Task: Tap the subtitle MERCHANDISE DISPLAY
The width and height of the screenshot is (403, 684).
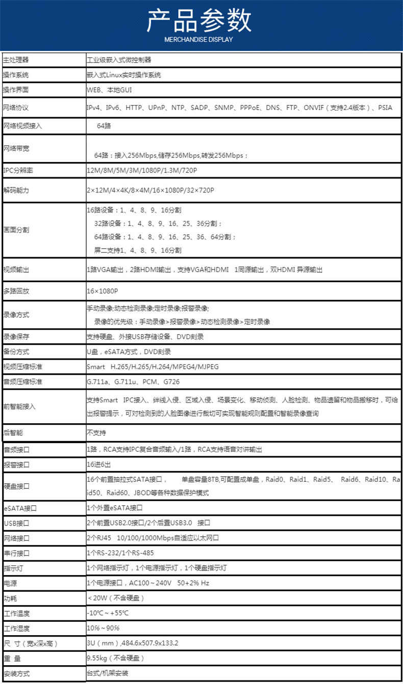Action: (198, 39)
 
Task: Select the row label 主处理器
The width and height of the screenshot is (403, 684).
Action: (16, 60)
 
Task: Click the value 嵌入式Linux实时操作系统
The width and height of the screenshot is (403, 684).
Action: (124, 75)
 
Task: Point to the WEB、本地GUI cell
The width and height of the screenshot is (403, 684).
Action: (110, 90)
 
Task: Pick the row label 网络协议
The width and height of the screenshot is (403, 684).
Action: (16, 108)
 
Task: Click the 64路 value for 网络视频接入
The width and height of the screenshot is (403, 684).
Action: (104, 126)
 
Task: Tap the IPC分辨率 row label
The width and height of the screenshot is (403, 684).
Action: (18, 171)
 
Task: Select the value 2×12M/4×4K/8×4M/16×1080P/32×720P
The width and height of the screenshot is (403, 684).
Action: (150, 190)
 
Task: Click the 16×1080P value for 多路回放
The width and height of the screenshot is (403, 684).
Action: (103, 291)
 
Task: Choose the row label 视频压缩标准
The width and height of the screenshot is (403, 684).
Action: (22, 367)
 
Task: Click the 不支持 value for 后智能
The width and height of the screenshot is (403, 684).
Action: (96, 433)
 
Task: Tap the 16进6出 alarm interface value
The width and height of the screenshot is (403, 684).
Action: (99, 465)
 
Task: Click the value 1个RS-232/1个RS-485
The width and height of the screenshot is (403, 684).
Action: (120, 553)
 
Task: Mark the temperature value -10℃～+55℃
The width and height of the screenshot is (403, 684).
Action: (108, 613)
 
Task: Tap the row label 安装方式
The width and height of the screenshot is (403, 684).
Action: (16, 674)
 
